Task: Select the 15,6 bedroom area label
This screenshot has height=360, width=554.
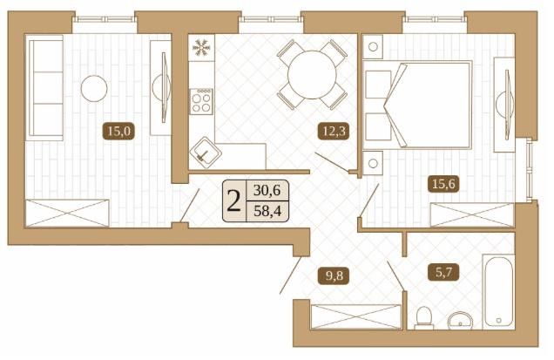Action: point(443,183)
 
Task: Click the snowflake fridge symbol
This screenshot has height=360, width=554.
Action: point(201,47)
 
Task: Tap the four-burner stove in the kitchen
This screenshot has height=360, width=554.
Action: point(202,101)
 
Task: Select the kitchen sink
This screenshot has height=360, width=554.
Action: point(204,154)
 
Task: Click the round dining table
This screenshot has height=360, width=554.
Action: point(308,75)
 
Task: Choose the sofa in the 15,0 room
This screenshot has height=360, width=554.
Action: point(44,87)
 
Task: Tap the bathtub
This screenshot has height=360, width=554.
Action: point(497,291)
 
